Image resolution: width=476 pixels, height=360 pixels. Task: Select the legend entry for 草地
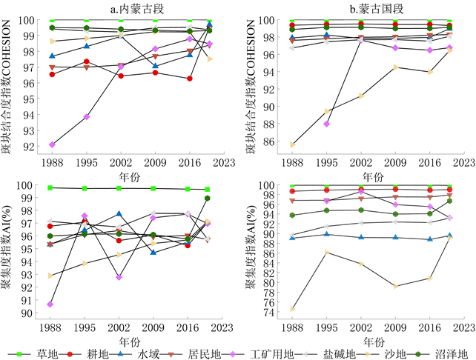39,353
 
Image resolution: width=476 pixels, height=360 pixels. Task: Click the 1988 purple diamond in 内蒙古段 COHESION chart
51,144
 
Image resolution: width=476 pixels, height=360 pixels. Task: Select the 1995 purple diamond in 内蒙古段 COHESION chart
87,117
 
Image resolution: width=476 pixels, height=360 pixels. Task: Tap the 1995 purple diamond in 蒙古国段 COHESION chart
327,124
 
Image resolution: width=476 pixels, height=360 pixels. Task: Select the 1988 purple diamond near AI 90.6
51,304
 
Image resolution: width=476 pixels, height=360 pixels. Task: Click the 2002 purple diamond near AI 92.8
120,277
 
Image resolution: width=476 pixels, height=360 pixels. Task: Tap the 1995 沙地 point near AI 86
327,253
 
